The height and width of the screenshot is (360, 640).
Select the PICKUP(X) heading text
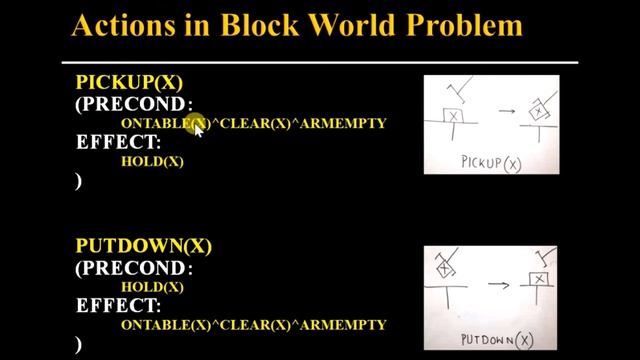129,83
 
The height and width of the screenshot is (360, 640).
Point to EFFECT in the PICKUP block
118,142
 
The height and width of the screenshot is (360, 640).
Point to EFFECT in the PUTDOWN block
118,305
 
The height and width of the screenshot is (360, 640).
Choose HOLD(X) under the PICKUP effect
152,160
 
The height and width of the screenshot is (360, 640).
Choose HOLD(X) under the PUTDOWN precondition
152,287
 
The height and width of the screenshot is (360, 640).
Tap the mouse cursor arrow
198,128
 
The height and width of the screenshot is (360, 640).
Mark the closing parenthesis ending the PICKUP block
79,181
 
